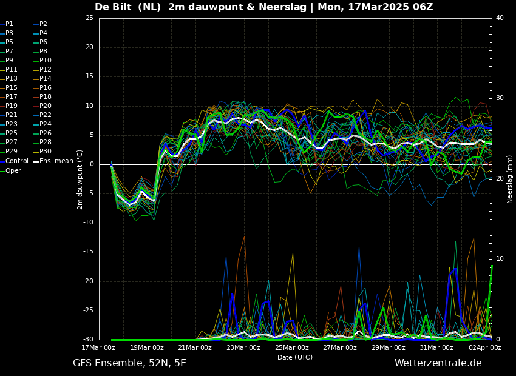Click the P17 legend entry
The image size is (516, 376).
pos(12,97)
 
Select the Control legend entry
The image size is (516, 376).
pos(17,161)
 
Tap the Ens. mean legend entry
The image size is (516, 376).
pos(56,161)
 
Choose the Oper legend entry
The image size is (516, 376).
pos(13,170)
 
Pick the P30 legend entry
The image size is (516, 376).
pos(45,152)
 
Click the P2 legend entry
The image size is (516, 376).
pos(43,24)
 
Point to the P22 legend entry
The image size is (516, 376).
pos(45,115)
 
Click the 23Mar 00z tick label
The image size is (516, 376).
pos(243,347)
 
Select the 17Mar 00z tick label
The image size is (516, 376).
pos(99,347)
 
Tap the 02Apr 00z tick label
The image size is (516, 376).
pos(485,347)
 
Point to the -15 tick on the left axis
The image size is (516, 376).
pos(88,252)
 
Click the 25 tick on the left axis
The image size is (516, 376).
pos(89,18)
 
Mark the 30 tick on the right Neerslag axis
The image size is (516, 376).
pos(500,98)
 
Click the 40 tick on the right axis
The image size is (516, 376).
pos(500,18)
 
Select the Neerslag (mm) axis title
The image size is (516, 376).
pos(510,179)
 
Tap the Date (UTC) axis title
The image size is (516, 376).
pos(295,357)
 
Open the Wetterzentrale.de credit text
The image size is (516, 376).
pos(438,363)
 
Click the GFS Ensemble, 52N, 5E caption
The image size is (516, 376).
pos(129,363)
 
